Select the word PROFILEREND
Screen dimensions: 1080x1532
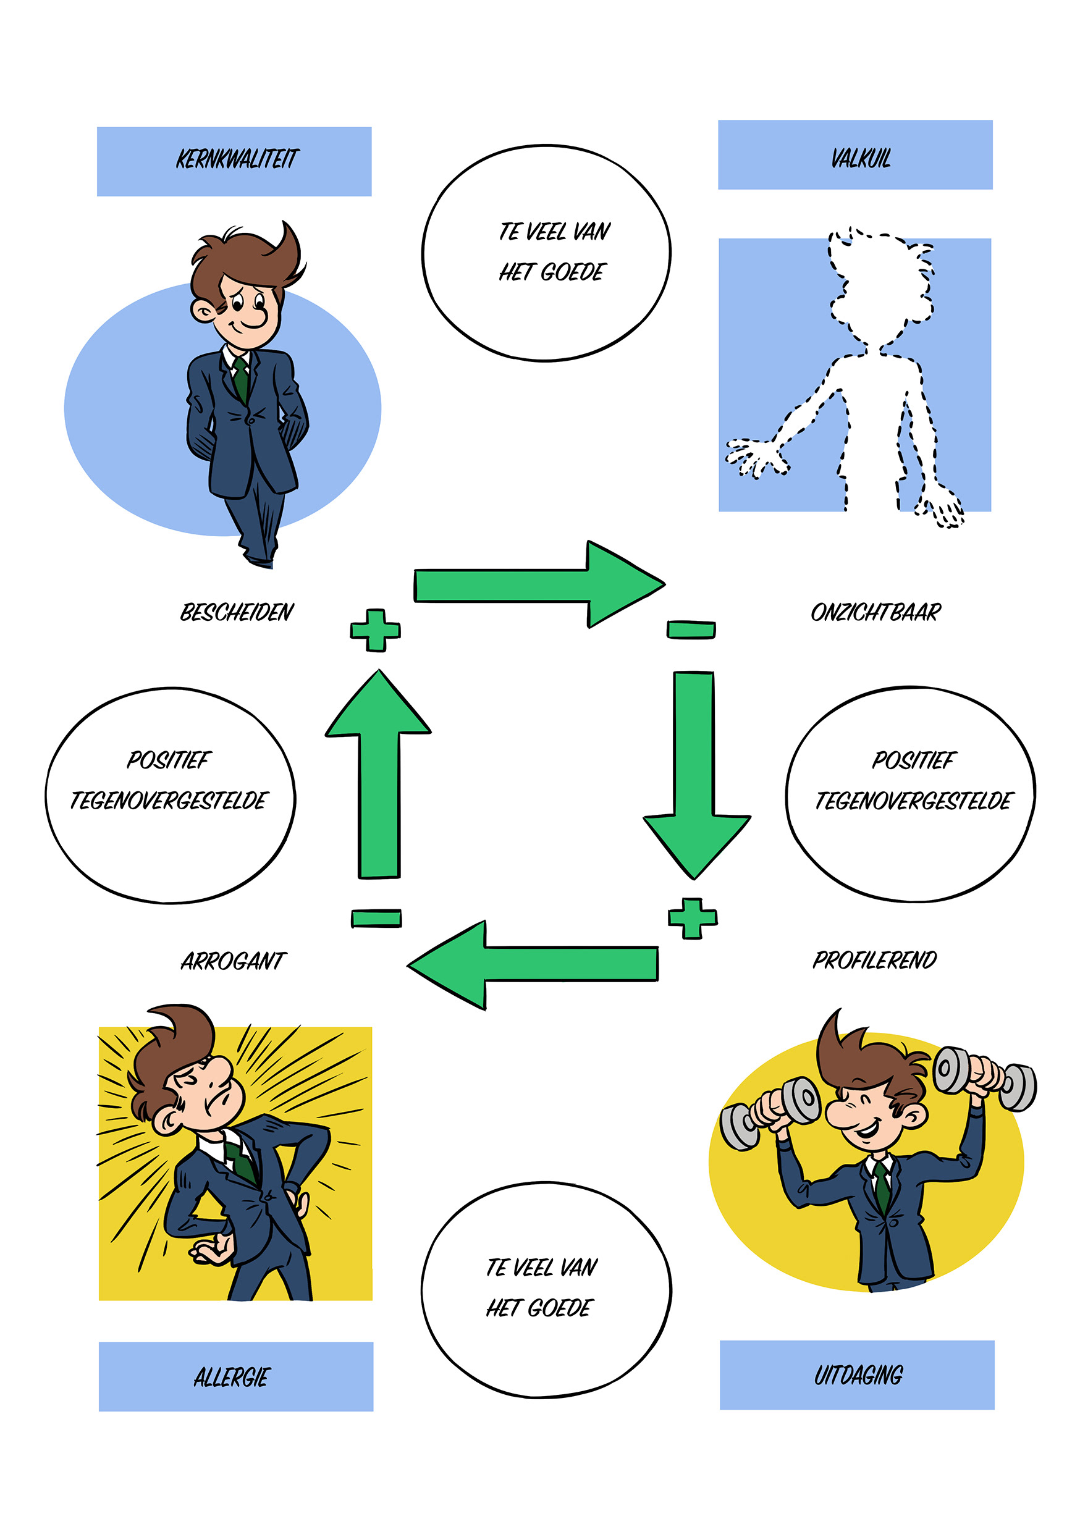coord(874,959)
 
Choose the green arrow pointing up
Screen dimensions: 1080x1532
coord(379,774)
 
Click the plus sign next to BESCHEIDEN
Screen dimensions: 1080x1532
coord(375,630)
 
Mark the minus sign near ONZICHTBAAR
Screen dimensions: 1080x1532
coord(691,629)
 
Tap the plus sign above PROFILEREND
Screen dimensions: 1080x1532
coord(692,918)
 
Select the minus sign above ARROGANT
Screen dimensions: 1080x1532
coord(376,918)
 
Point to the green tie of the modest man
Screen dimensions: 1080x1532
coord(241,381)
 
